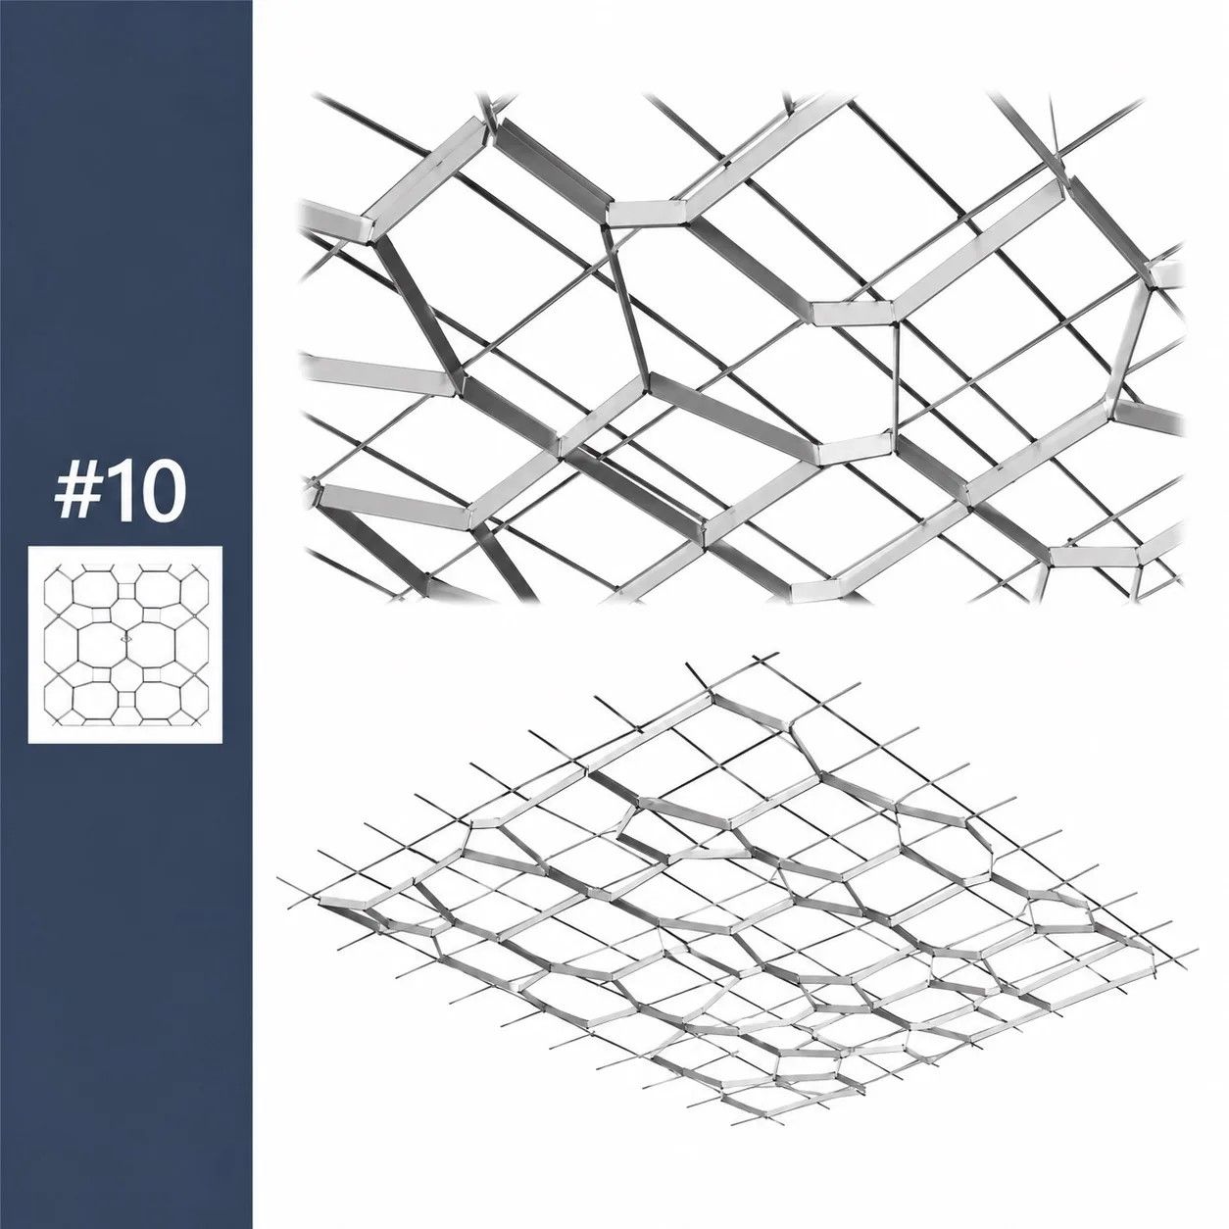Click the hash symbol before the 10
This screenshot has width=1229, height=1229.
(x=74, y=497)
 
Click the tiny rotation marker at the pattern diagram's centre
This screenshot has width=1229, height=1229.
(x=126, y=636)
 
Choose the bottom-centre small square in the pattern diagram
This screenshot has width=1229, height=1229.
(x=126, y=700)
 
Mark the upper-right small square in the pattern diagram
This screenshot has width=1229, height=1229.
(x=151, y=614)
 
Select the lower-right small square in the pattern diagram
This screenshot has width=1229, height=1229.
(x=151, y=674)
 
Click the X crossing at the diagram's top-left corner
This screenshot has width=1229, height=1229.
(x=59, y=568)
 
